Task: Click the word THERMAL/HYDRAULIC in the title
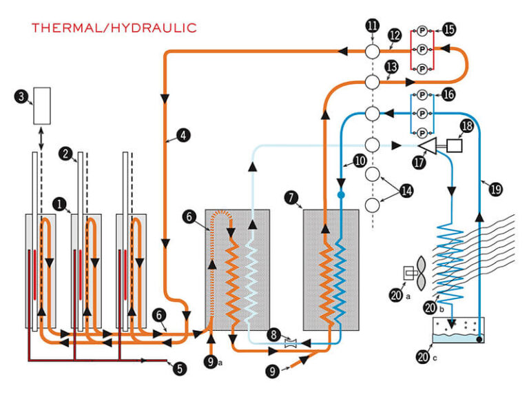pyautogui.click(x=114, y=28)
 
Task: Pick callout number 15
pyautogui.click(x=449, y=30)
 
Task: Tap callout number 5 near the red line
pyautogui.click(x=180, y=368)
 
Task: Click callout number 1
pyautogui.click(x=61, y=204)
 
